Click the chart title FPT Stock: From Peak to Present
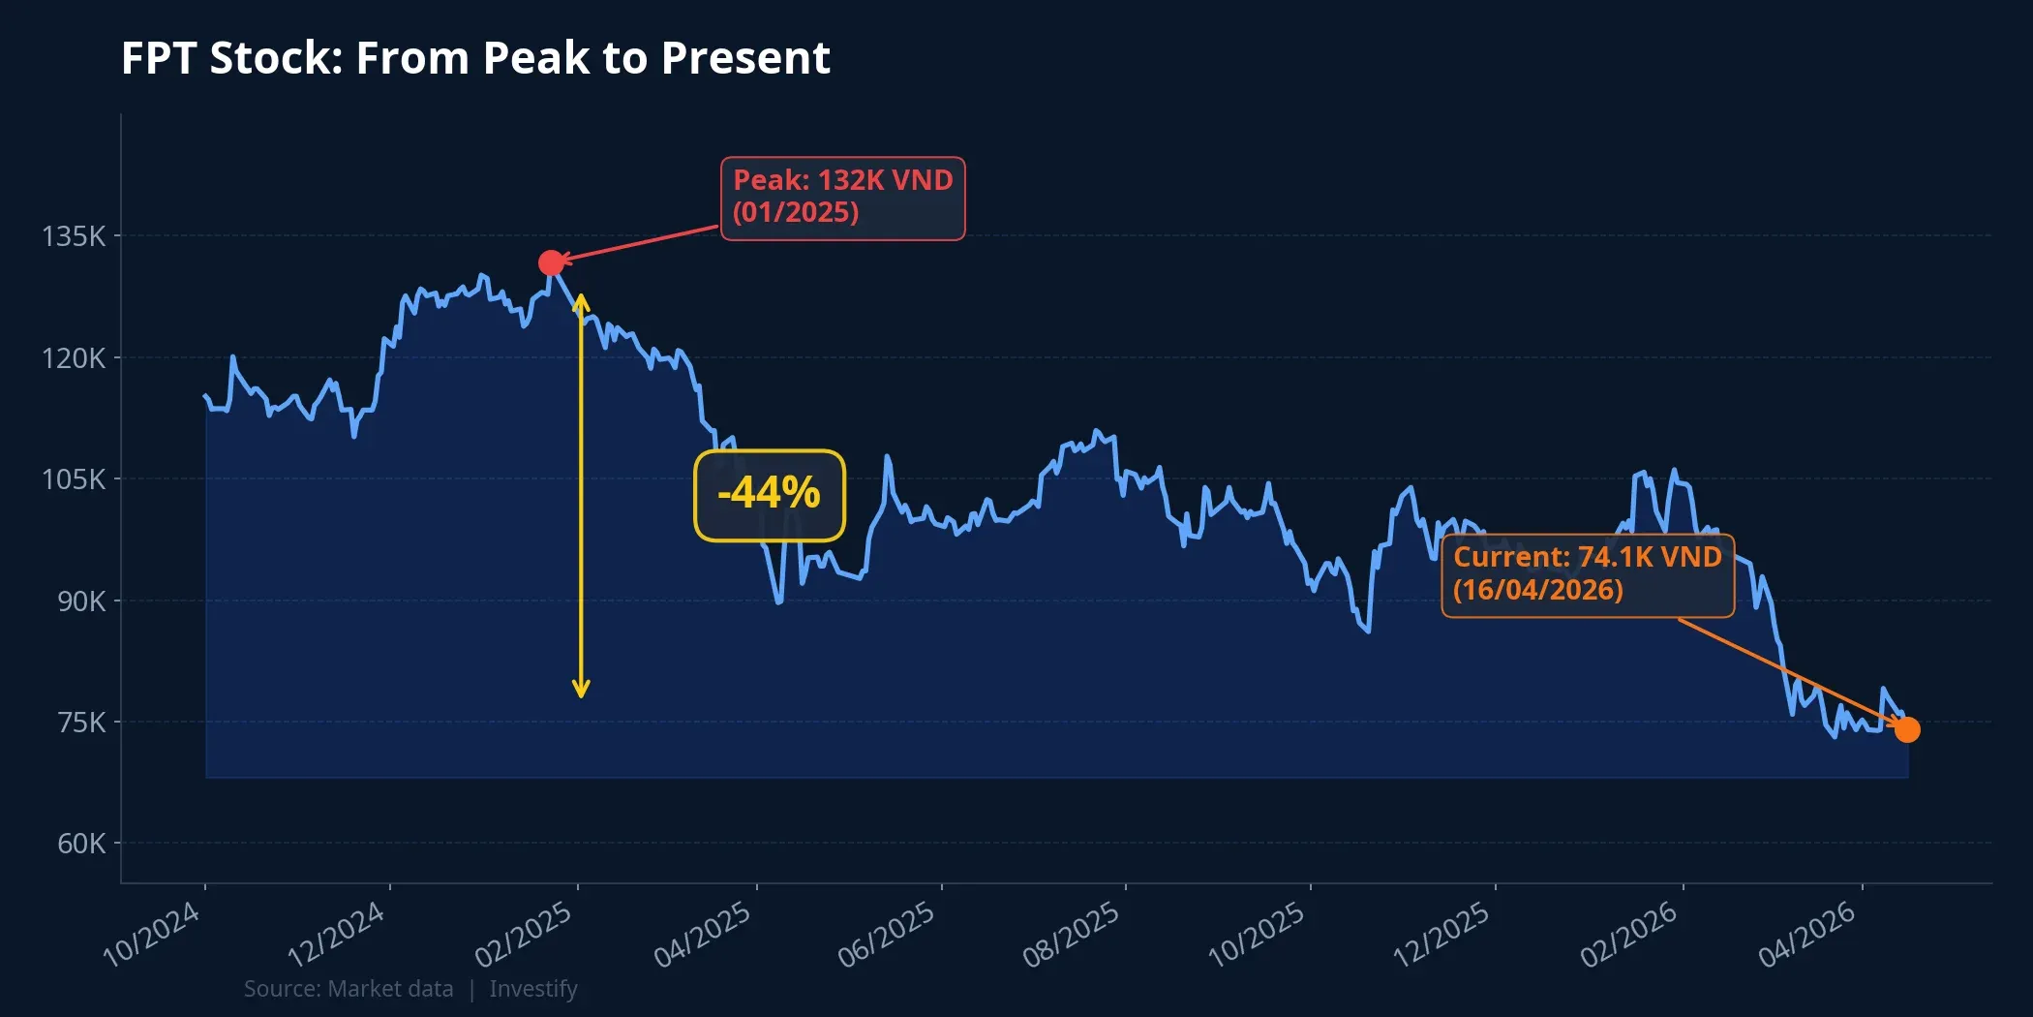pos(475,58)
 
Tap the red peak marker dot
pos(551,262)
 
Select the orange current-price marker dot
pos(1907,729)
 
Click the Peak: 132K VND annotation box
pos(842,198)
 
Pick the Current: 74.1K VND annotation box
pos(1587,574)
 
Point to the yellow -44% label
pos(770,494)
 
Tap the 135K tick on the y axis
pos(74,236)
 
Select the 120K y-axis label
pos(74,358)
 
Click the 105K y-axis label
pos(74,479)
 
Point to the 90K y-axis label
pos(81,601)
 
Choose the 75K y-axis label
pos(81,723)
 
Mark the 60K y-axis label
pos(81,844)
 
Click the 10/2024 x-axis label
pos(152,934)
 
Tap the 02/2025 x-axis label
pos(524,934)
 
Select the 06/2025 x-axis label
pos(887,934)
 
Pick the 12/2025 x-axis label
pos(1441,934)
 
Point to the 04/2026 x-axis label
pos(1807,934)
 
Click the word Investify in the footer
pos(533,989)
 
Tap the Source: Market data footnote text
pos(349,989)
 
